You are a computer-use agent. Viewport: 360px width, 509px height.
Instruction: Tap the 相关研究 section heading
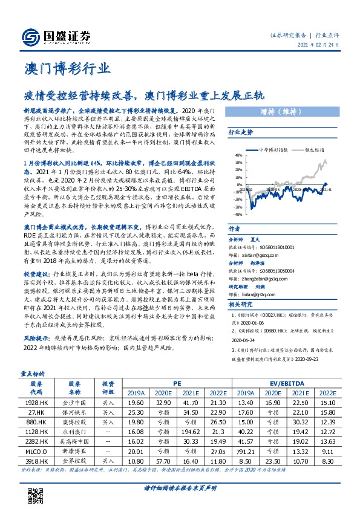pyautogui.click(x=240, y=305)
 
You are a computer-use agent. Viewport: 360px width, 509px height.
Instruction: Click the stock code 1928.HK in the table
pyautogui.click(x=36, y=402)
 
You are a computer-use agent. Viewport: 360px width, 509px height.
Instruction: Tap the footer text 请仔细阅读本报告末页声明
pyautogui.click(x=180, y=488)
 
